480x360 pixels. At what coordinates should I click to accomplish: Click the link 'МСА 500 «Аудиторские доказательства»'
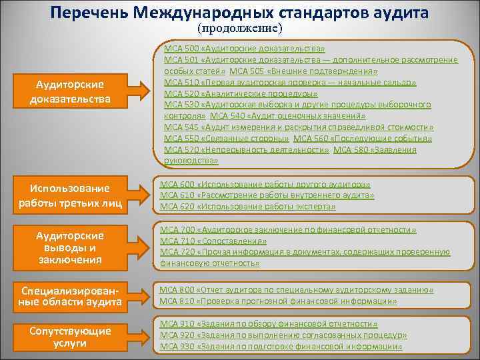[x=244, y=49]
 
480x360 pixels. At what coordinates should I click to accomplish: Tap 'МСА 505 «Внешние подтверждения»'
[x=303, y=71]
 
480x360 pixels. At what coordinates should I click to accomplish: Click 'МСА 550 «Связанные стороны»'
[x=226, y=138]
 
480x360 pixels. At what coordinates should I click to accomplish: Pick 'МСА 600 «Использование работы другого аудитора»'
[x=265, y=185]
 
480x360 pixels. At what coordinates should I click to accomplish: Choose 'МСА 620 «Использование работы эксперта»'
[x=247, y=207]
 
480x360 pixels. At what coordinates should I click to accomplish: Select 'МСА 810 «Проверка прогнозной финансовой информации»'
[x=278, y=301]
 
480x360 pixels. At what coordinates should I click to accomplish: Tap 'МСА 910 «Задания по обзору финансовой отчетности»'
[x=269, y=325]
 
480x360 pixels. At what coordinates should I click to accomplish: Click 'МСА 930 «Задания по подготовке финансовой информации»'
[x=281, y=347]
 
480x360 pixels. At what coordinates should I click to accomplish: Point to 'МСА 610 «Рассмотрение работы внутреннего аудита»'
[x=267, y=195]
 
